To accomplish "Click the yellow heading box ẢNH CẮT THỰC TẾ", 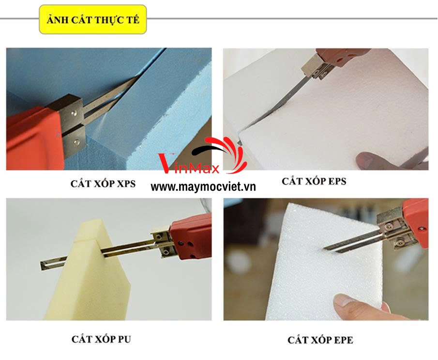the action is [93, 19].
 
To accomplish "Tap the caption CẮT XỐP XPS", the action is [103, 184].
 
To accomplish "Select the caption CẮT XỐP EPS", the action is [314, 181].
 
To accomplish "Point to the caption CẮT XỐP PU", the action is [101, 339].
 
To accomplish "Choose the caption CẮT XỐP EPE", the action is [320, 340].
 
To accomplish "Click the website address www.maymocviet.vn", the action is [203, 187].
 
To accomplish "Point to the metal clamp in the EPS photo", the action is [316, 66].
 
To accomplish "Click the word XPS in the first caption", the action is [126, 184].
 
